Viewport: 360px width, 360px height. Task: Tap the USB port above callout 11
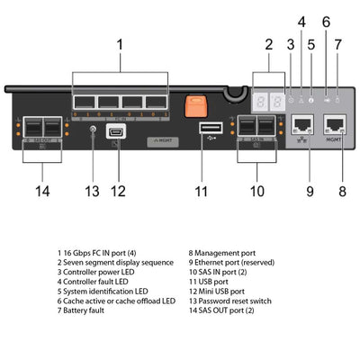[x=204, y=128]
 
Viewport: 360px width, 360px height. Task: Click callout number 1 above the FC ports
[x=120, y=43]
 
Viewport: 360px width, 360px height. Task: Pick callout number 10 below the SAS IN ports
[x=257, y=190]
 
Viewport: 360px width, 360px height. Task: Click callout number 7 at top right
[x=338, y=44]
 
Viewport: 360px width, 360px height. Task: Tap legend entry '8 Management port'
[x=225, y=254]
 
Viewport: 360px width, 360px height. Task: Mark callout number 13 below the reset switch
[x=91, y=190]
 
